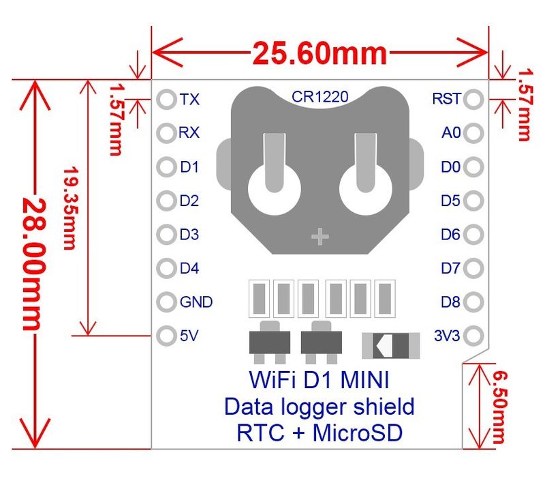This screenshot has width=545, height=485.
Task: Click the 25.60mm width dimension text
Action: tap(320, 53)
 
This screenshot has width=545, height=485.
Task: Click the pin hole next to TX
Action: tap(166, 100)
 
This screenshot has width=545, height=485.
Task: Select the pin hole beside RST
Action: tap(474, 100)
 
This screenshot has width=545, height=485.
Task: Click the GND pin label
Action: tap(196, 302)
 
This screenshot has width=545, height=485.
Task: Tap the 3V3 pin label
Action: tap(447, 336)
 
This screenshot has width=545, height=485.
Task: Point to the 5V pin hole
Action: tap(166, 336)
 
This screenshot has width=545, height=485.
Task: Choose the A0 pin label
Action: tap(451, 133)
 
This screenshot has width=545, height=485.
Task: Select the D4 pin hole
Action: tap(166, 269)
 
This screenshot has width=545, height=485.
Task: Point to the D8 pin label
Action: tap(450, 302)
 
